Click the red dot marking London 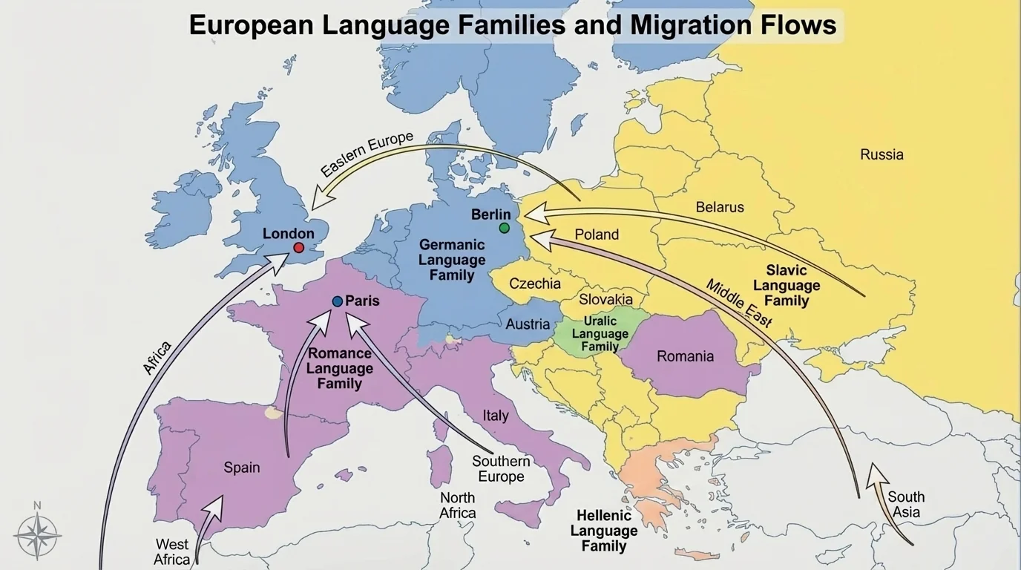299,248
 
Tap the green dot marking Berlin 505,228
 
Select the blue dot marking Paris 338,301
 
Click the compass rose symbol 37,534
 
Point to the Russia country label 882,154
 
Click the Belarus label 719,207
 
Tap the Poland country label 597,235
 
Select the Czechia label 535,284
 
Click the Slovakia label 605,299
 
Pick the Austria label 528,324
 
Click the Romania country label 685,356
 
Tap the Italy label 496,416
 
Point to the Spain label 242,468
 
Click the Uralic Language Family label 600,333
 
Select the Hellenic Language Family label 604,531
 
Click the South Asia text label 906,505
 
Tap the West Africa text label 171,552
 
